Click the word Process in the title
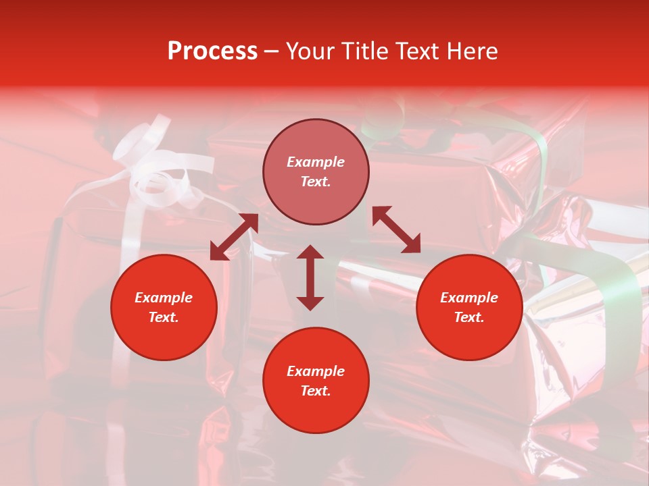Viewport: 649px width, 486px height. coord(212,51)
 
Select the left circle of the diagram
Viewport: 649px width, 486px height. coord(164,307)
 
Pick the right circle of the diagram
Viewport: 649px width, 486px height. coord(469,307)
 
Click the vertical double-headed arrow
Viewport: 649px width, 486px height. coord(310,277)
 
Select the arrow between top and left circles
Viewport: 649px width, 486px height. coord(234,237)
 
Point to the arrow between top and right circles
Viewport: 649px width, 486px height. coord(396,230)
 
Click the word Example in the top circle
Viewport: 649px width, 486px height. coord(316,162)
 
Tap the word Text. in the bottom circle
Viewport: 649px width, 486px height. coord(316,391)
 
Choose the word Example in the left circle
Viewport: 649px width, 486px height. coord(164,298)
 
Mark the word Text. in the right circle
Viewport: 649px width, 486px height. coord(469,317)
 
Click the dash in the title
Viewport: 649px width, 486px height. coord(272,51)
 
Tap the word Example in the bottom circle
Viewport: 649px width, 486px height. coord(316,371)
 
